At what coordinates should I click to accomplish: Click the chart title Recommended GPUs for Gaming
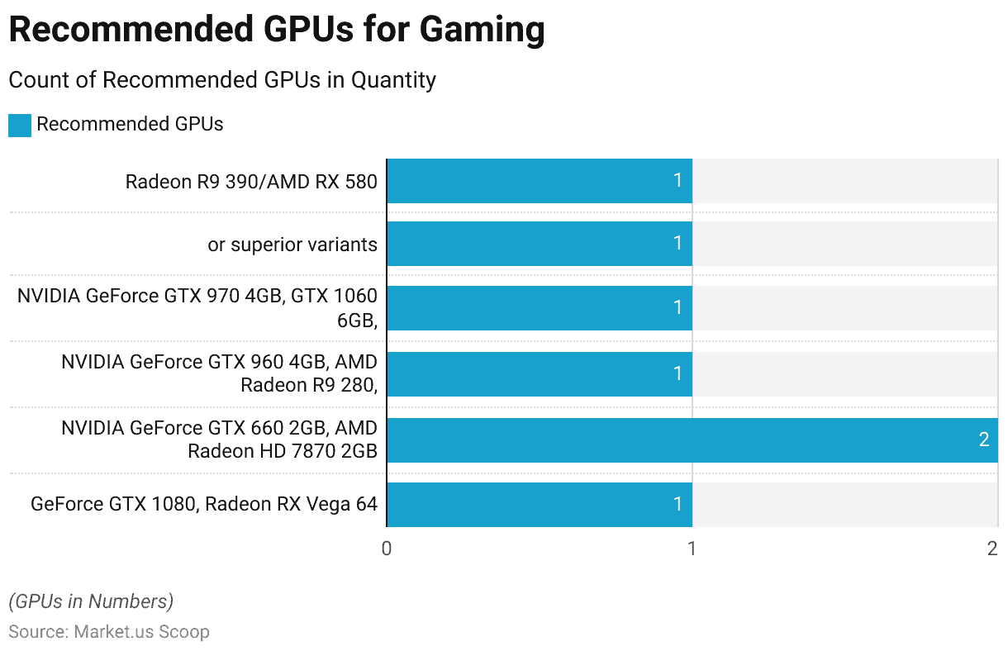(276, 31)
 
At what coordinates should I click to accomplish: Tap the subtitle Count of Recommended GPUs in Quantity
(221, 80)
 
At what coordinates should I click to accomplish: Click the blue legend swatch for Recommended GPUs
(20, 126)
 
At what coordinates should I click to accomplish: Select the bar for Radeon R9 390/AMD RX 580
(539, 180)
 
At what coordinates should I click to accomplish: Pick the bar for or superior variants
(539, 243)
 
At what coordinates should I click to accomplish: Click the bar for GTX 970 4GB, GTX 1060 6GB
(539, 308)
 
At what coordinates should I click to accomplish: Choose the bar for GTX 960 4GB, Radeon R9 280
(539, 373)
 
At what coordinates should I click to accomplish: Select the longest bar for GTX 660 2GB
(692, 440)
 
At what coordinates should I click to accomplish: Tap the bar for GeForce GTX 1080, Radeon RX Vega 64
(539, 504)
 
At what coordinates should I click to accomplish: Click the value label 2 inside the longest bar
(983, 440)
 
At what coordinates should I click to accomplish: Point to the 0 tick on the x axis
(387, 549)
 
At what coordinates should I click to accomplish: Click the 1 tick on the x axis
(692, 549)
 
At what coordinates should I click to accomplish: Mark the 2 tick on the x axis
(992, 549)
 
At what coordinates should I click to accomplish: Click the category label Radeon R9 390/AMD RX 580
(251, 181)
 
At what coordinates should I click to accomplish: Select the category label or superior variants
(292, 245)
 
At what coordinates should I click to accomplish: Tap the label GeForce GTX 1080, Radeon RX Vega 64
(204, 504)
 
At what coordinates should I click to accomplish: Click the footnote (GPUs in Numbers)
(91, 601)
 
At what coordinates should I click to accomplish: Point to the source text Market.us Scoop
(141, 632)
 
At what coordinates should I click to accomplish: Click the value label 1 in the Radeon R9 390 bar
(678, 180)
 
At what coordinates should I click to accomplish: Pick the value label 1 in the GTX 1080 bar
(678, 504)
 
